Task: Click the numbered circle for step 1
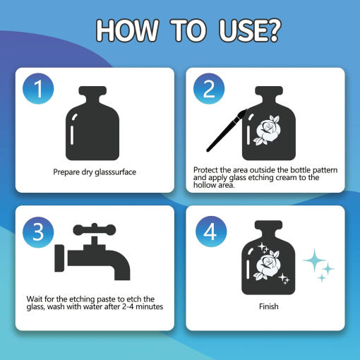[38, 89]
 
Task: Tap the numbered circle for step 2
[209, 89]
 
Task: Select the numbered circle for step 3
[38, 232]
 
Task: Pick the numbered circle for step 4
[211, 232]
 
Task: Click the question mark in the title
[272, 30]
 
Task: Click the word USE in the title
[241, 30]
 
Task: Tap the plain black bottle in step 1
[92, 124]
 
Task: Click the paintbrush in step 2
[227, 131]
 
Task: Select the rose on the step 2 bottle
[267, 130]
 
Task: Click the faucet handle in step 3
[95, 229]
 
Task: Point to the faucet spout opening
[122, 279]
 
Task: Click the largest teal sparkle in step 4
[314, 260]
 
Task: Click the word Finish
[269, 306]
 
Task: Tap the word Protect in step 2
[205, 170]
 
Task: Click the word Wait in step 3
[35, 299]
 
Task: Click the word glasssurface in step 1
[115, 172]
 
